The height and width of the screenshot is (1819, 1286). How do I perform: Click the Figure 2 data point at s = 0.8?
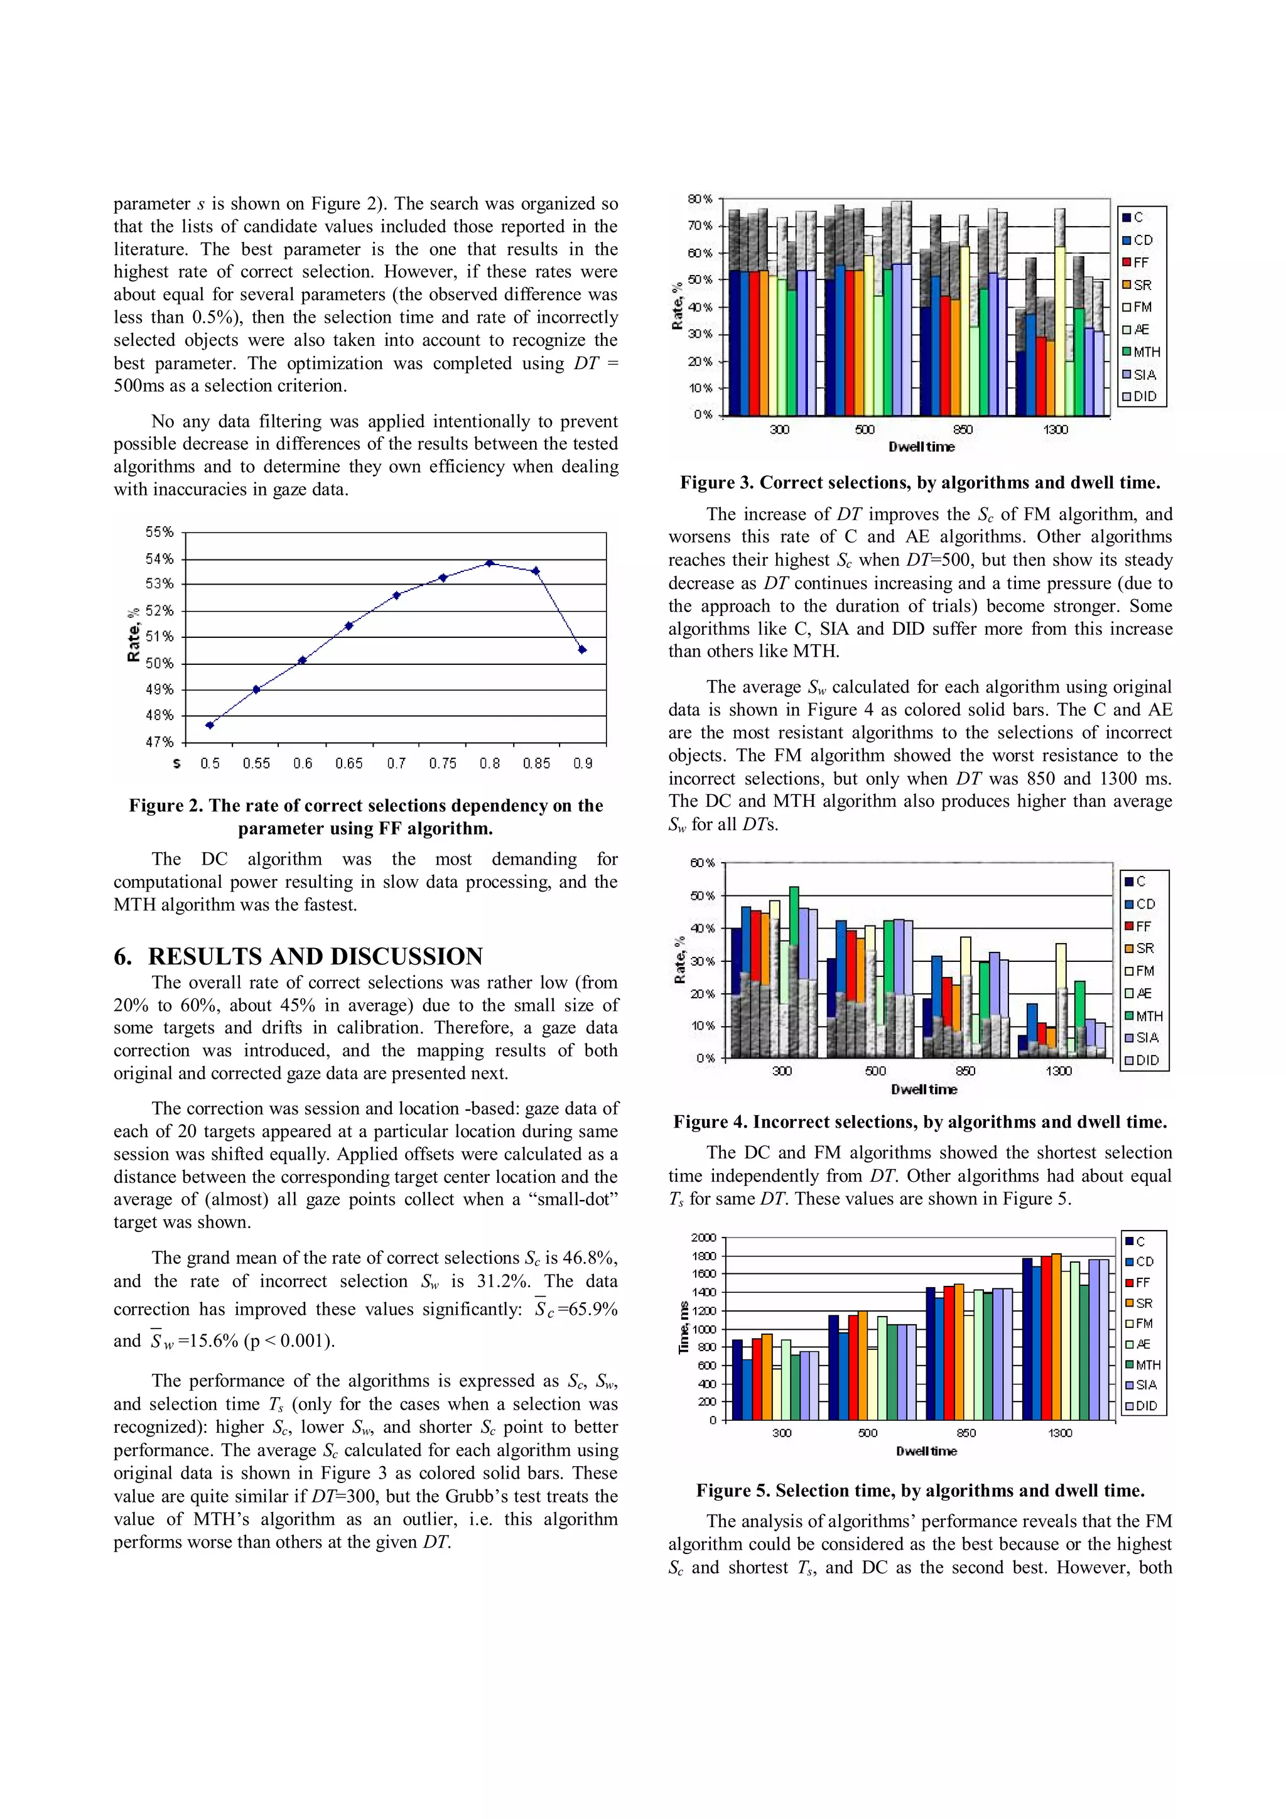(x=490, y=563)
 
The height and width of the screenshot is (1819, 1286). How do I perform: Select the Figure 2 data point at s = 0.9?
(x=582, y=650)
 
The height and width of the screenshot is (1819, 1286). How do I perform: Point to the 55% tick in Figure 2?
(x=159, y=532)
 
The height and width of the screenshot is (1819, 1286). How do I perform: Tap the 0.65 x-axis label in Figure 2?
(x=349, y=763)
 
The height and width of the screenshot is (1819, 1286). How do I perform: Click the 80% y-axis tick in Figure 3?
(x=700, y=199)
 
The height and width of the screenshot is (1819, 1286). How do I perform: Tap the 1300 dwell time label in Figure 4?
(x=1058, y=1071)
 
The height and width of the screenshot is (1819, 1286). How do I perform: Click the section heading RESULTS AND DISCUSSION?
(x=315, y=956)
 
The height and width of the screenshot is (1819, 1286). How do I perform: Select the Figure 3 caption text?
(x=920, y=482)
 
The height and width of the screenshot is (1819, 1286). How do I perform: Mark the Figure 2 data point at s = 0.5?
(x=209, y=725)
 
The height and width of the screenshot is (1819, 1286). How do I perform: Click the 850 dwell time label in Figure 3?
(x=963, y=429)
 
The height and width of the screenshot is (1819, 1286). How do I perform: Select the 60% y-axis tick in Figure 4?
(x=702, y=863)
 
